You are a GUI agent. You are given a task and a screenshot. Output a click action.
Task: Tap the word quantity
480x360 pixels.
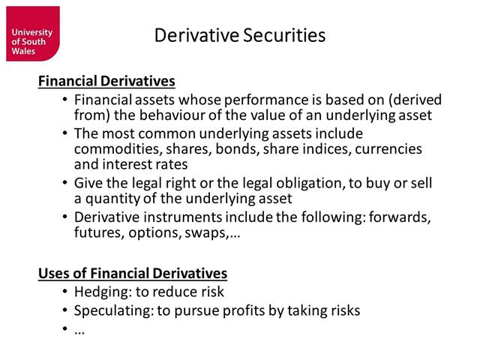click(x=112, y=199)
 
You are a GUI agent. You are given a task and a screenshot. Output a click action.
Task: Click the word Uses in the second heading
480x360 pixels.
click(x=54, y=274)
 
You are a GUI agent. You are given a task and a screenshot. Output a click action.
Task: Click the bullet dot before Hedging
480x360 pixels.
click(x=65, y=292)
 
